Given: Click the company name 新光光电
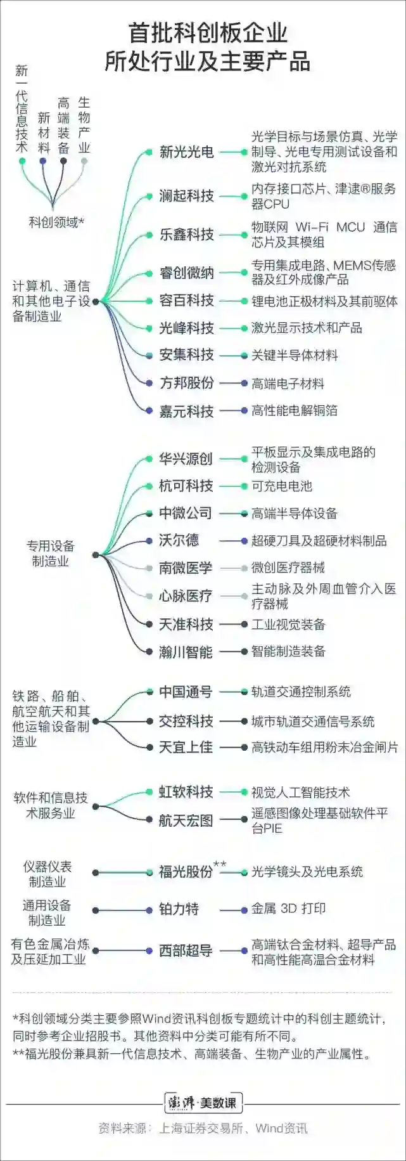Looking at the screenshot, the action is coord(186,152).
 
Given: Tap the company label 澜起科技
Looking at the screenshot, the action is coord(186,196).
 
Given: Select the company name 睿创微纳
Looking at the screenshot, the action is coord(186,273).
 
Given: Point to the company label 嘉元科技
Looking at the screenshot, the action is coord(186,412).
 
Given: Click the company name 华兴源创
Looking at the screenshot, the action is coord(186,458).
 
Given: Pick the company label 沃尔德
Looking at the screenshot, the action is coord(179,541).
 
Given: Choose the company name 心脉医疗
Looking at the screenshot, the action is coord(186,596).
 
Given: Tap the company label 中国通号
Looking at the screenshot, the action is coord(186,692).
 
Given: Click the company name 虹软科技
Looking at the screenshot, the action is coord(186,792).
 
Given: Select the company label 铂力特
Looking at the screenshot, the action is coord(179,909).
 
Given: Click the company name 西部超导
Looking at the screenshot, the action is coord(186,951).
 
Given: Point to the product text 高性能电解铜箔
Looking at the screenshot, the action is coord(295,411).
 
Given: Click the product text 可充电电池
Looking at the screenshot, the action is coord(282,486).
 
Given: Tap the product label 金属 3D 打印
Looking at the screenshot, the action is coord(288,909).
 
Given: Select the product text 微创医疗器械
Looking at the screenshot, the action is coord(288,568).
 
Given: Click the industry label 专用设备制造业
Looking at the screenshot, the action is coord(51,554).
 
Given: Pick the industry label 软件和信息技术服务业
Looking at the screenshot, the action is coord(51,805).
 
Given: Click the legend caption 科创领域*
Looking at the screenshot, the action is coord(56,223).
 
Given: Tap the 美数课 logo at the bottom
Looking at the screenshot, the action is coord(203,1103).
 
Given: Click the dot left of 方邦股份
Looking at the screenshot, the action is coord(148,383).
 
